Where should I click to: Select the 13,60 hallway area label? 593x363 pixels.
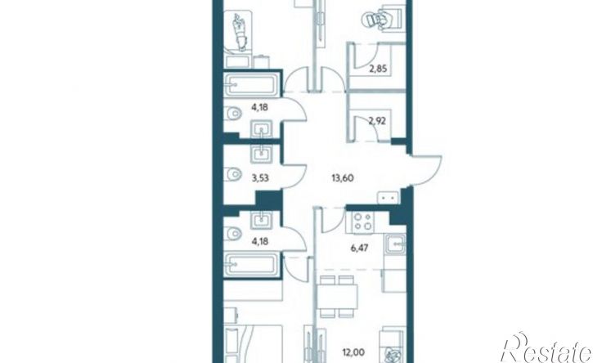point(342,177)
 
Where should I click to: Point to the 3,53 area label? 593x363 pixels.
point(260,177)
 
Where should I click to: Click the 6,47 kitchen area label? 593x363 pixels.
point(359,248)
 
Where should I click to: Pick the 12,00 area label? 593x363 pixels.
point(353,352)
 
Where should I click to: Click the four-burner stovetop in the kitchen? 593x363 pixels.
point(363,222)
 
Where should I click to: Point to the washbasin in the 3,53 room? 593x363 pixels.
point(262,153)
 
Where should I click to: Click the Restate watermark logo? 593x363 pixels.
point(546,348)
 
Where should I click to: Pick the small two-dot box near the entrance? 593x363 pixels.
point(388,198)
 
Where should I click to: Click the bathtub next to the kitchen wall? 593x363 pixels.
point(251,264)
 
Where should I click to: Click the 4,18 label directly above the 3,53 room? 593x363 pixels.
point(260,107)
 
